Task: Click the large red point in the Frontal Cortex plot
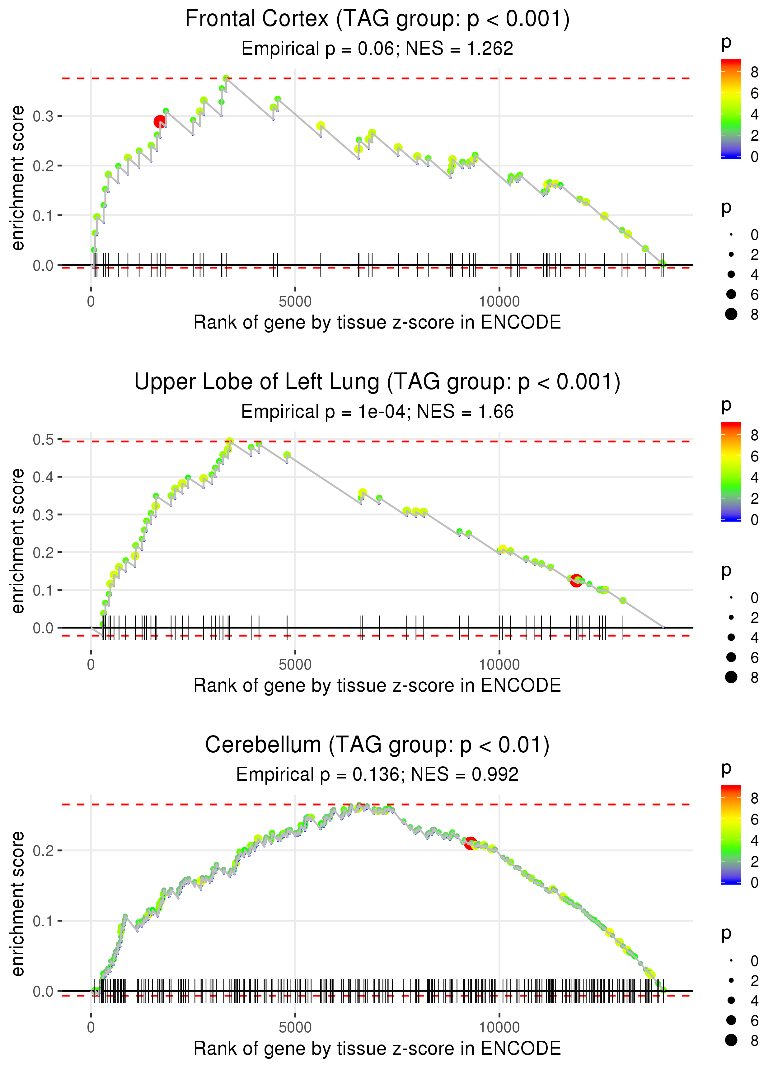pyautogui.click(x=160, y=122)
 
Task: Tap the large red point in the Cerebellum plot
pyautogui.click(x=471, y=843)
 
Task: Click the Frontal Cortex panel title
pyautogui.click(x=377, y=19)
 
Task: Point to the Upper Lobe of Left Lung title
pyautogui.click(x=377, y=382)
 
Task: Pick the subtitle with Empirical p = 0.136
pyautogui.click(x=377, y=774)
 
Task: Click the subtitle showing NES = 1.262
pyautogui.click(x=377, y=48)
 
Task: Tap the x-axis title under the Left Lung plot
pyautogui.click(x=377, y=685)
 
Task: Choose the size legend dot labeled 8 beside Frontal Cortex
pyautogui.click(x=731, y=314)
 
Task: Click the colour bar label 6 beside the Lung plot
pyautogui.click(x=755, y=456)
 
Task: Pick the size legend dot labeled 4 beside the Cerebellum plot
pyautogui.click(x=731, y=1000)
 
